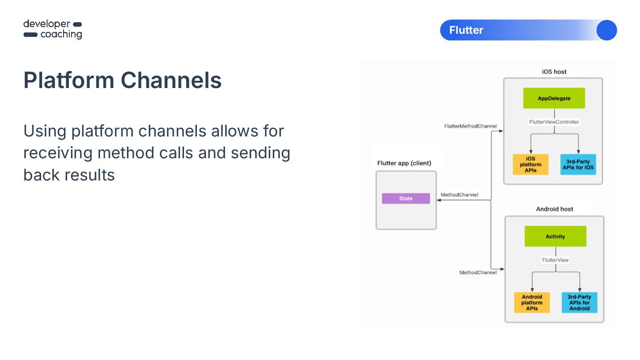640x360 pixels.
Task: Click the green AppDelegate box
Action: coord(554,98)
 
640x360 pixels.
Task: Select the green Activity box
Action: coord(555,236)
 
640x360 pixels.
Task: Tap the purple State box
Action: coord(406,199)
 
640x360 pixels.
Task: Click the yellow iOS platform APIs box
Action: coord(530,164)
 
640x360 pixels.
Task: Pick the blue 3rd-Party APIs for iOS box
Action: coord(578,164)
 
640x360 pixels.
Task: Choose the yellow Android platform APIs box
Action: coord(532,303)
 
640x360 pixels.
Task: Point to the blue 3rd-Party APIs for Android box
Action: coord(580,303)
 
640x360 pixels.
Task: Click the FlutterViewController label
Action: coord(554,122)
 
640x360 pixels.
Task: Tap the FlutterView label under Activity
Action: coord(555,260)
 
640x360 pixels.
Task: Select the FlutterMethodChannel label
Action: coord(470,126)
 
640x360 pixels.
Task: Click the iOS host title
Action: coord(554,72)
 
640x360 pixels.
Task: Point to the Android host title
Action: coord(555,209)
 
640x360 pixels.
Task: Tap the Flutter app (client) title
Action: coord(404,163)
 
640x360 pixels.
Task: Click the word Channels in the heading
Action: coord(171,80)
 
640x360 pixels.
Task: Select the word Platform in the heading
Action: coord(69,80)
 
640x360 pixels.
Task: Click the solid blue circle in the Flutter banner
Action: coord(607,30)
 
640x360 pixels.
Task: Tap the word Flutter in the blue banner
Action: coord(466,30)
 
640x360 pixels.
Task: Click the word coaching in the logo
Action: coord(61,35)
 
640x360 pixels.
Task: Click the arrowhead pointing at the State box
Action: coord(438,200)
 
